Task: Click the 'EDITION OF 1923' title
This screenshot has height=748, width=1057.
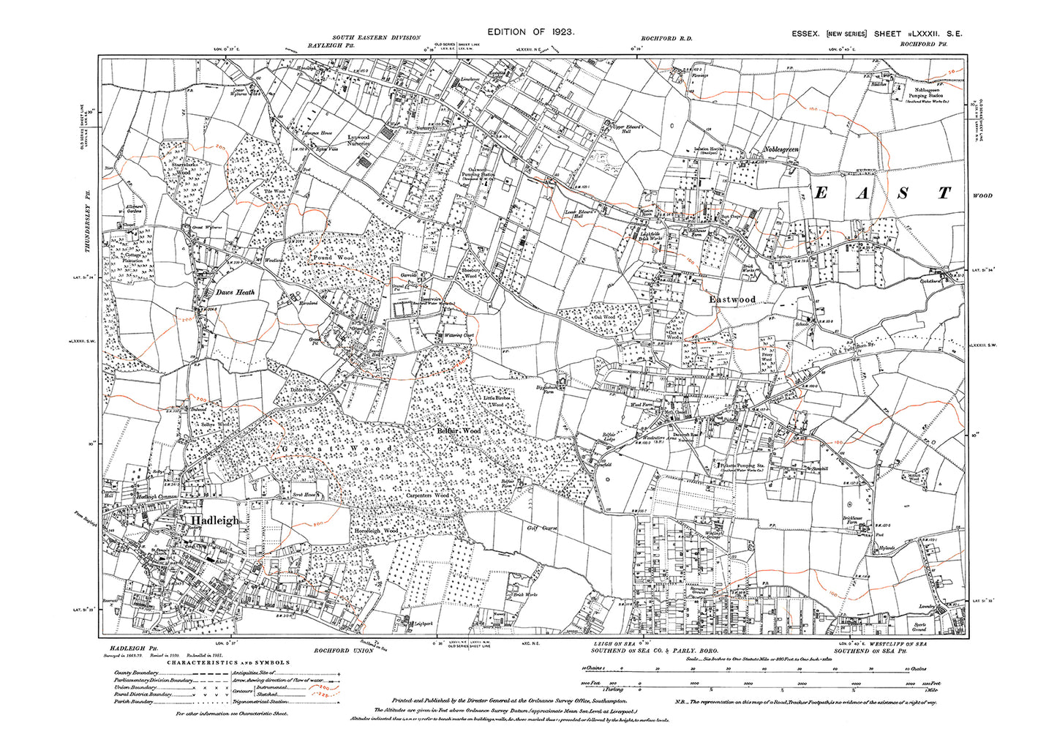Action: pyautogui.click(x=531, y=32)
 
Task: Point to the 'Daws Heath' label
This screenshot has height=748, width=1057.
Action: pyautogui.click(x=235, y=293)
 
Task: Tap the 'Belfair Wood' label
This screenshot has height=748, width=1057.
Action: pyautogui.click(x=459, y=432)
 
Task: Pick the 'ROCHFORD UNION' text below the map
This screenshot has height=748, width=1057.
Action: pyautogui.click(x=342, y=650)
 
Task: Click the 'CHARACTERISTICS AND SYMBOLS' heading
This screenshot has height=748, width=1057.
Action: pyautogui.click(x=227, y=662)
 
